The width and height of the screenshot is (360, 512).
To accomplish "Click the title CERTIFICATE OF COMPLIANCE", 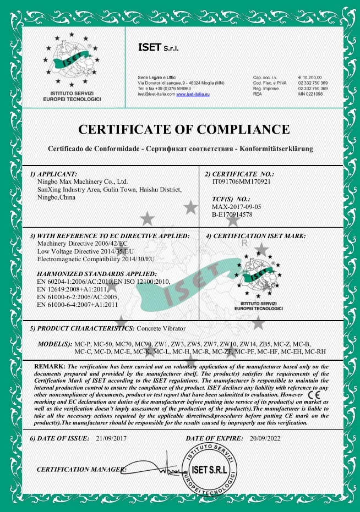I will [184, 130].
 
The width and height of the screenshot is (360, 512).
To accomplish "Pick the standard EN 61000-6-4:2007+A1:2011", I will [77, 304].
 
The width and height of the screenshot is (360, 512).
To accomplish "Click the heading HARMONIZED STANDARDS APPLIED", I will [97, 273].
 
